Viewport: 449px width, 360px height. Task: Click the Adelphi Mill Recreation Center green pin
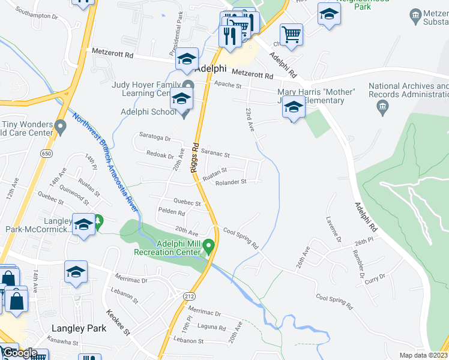coord(208,246)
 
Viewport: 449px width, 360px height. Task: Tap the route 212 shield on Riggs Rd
coord(190,296)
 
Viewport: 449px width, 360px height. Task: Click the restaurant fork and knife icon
coord(231,36)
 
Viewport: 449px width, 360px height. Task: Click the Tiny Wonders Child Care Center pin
coord(59,127)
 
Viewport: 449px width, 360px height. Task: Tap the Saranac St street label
coord(215,154)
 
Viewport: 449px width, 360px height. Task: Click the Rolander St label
coord(231,182)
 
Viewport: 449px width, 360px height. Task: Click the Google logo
coord(19,353)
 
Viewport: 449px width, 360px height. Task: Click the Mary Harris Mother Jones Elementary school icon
coord(294,108)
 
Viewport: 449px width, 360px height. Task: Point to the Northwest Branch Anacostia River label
coord(106,162)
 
